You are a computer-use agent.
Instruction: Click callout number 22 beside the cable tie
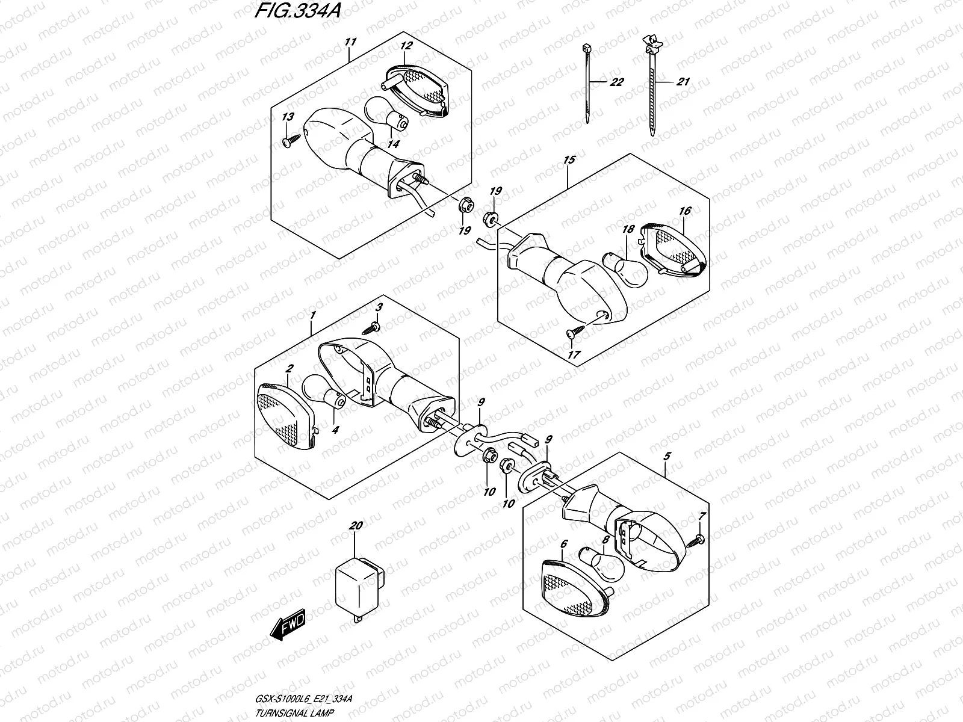(616, 82)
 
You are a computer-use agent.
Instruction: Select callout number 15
(569, 160)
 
